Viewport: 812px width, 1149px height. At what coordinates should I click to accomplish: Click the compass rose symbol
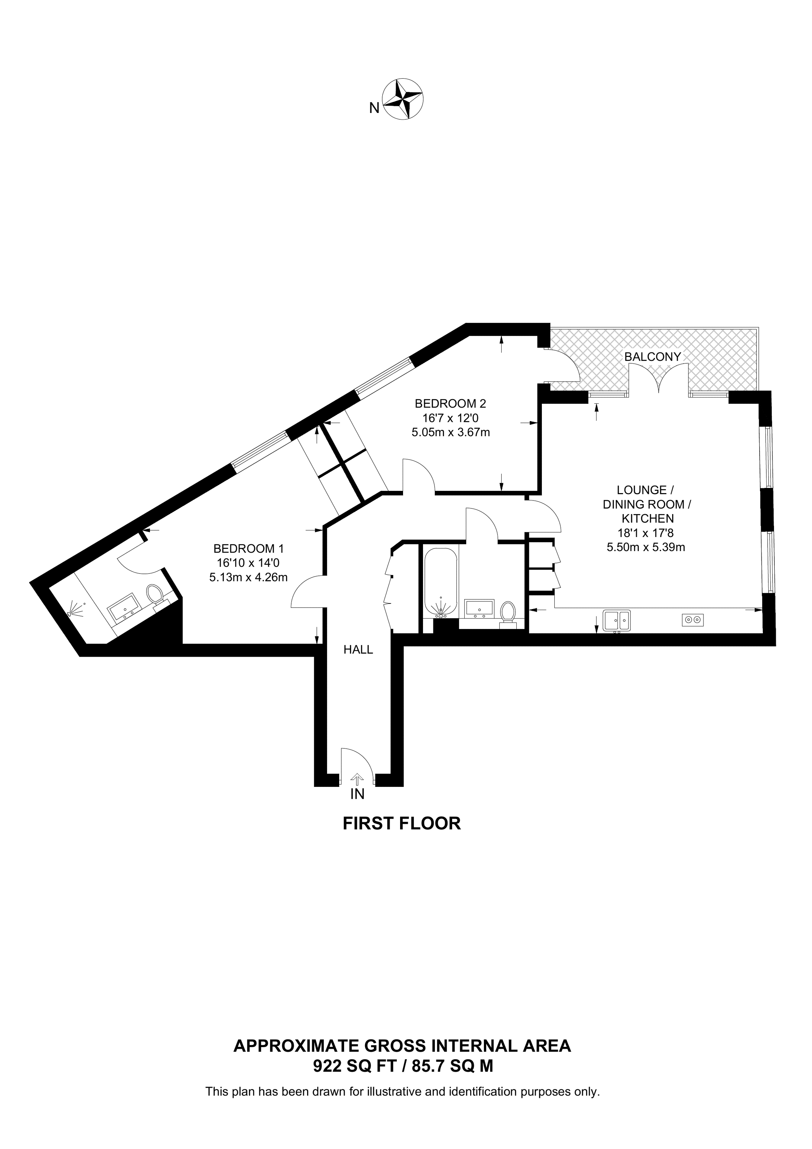pos(403,99)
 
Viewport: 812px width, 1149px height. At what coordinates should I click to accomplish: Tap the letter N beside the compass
pos(374,108)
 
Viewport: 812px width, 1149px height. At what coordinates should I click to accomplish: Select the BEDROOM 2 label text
pos(450,403)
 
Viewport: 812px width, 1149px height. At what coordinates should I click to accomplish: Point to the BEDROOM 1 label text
pos(248,548)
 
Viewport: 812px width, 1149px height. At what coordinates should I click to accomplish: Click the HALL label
pos(358,650)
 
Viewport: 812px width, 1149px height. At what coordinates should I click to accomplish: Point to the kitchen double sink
pos(617,620)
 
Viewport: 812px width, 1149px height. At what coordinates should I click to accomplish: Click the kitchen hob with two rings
pos(692,620)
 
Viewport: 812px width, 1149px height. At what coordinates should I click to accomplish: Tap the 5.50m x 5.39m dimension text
pos(646,547)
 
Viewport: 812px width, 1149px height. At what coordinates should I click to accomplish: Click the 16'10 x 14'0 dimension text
pos(248,563)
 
